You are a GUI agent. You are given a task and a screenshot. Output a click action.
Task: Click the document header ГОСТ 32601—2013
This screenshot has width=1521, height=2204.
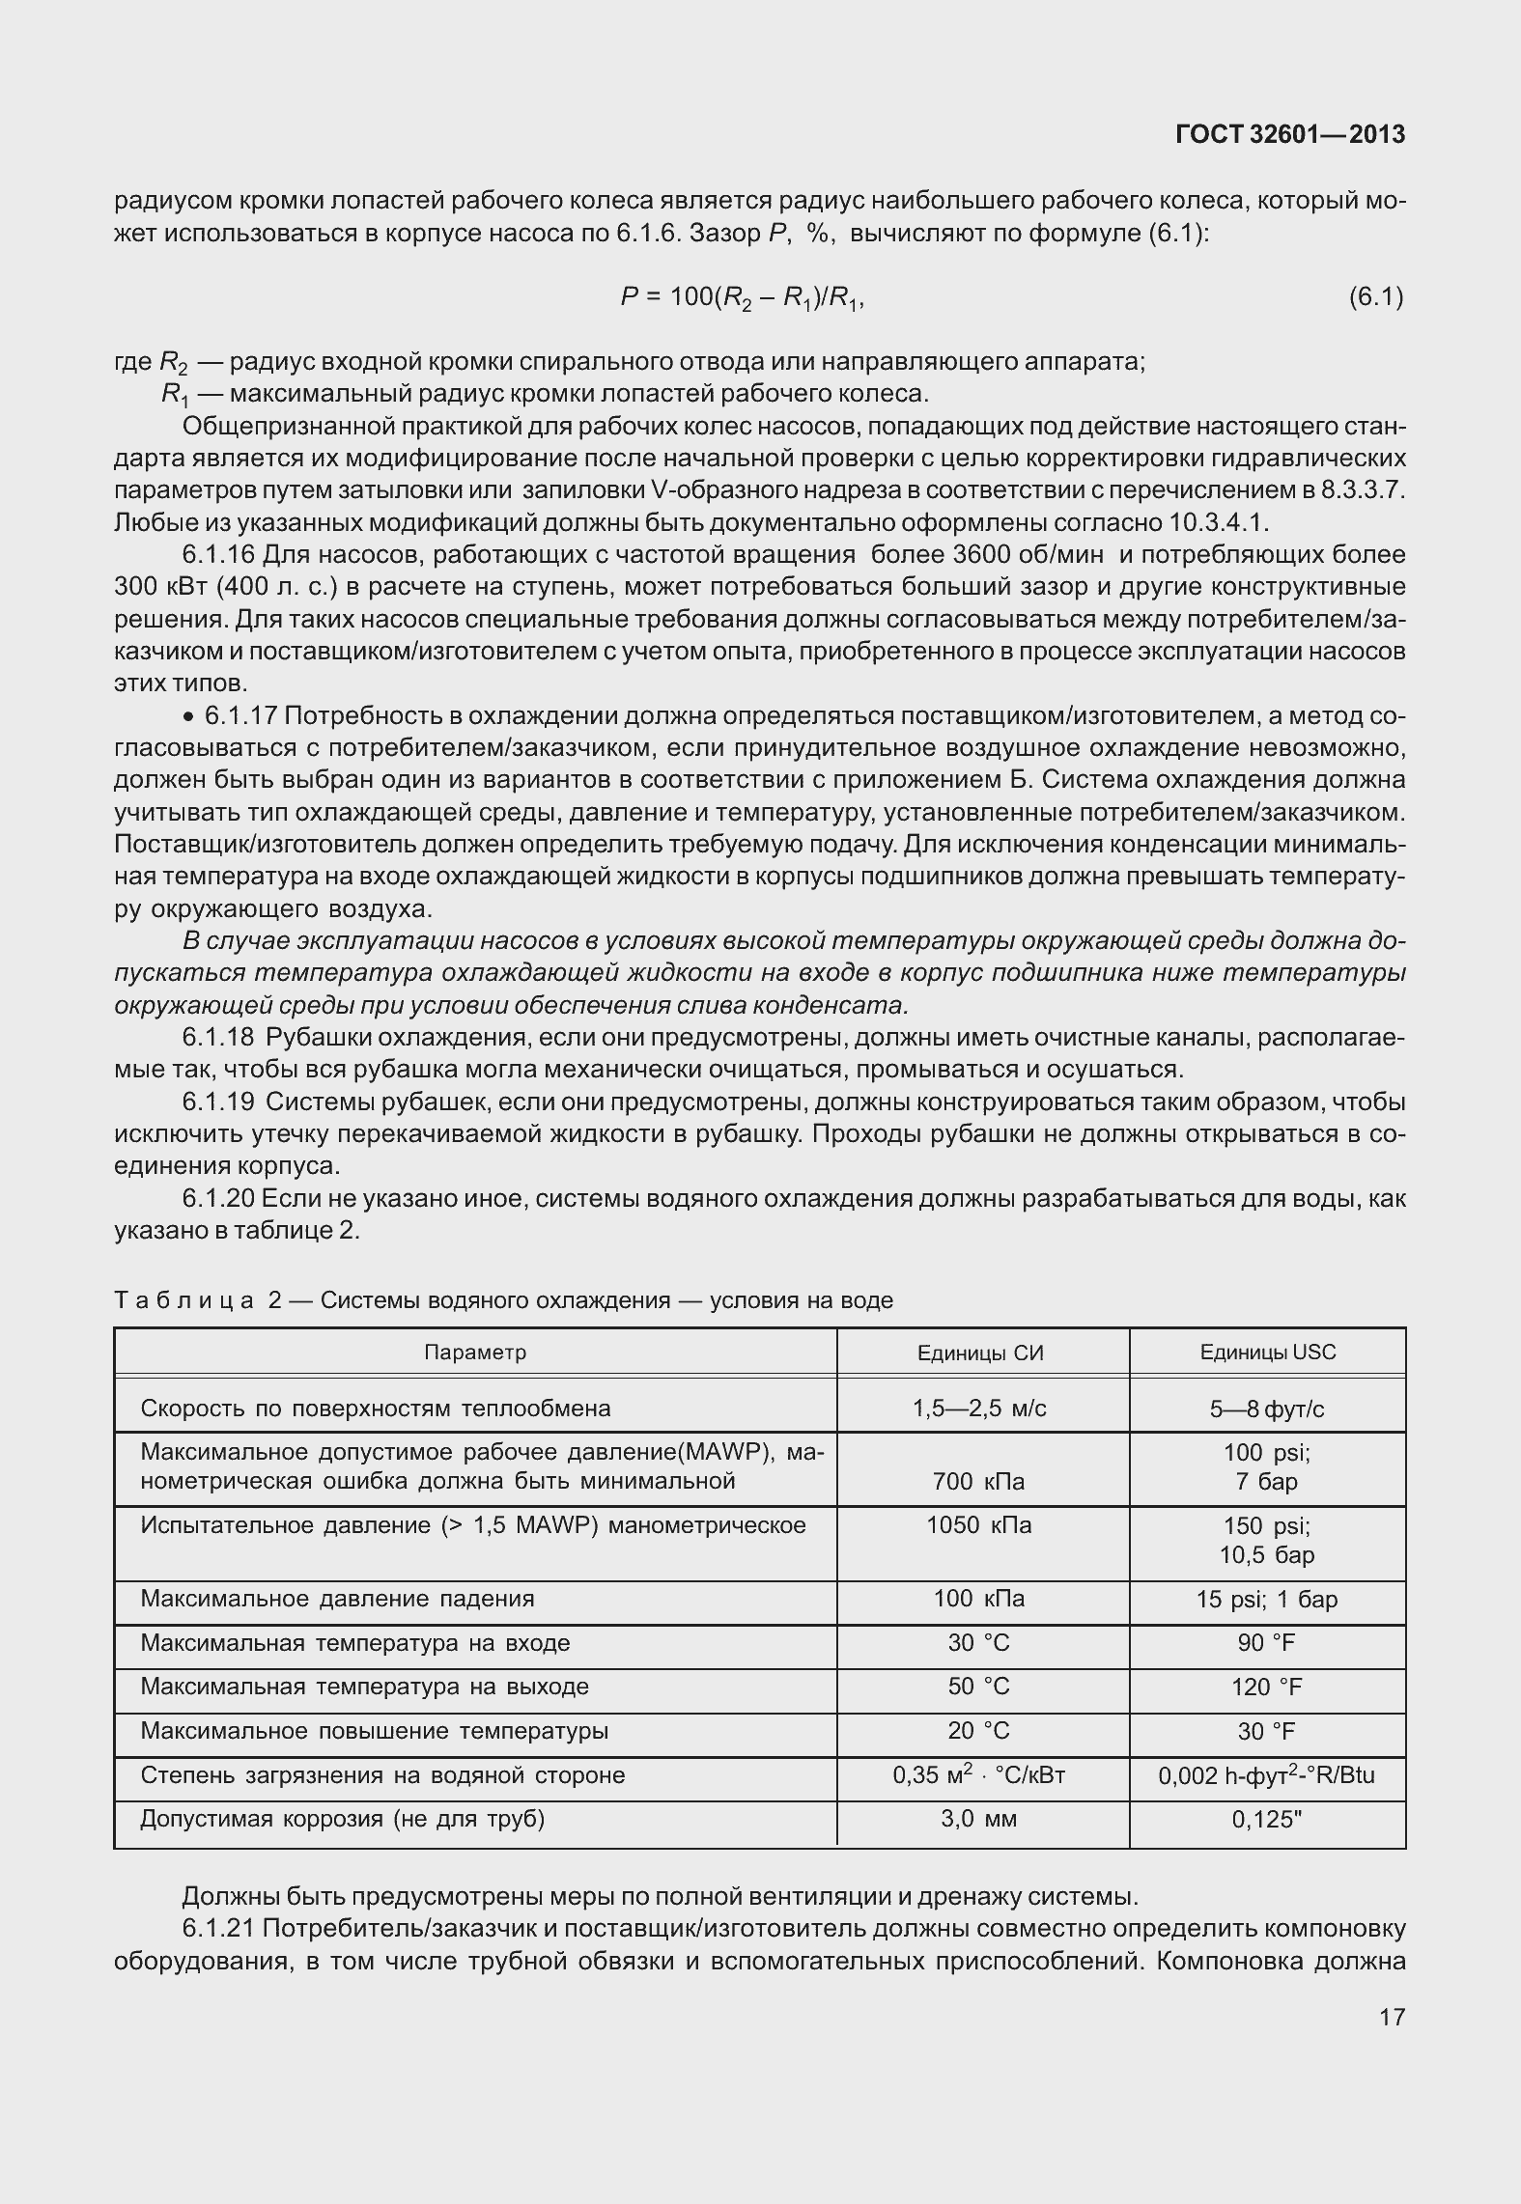1289,135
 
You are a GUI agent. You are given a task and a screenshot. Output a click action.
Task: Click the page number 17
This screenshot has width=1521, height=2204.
1392,2016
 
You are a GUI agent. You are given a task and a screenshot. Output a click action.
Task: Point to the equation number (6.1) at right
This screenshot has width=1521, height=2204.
1375,297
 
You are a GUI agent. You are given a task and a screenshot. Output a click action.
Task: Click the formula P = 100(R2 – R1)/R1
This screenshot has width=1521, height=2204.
742,298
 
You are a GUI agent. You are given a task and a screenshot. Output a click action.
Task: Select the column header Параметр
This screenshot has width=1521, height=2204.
475,1352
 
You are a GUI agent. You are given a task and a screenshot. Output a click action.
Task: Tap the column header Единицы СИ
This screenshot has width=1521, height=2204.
980,1353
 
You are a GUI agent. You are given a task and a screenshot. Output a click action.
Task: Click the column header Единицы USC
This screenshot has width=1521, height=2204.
1267,1352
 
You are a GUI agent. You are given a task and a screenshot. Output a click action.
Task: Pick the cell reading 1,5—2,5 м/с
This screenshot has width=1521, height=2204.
979,1408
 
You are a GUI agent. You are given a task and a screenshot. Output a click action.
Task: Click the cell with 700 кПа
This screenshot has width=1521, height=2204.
979,1481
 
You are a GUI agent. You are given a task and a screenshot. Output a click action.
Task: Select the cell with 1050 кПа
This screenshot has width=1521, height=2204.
978,1525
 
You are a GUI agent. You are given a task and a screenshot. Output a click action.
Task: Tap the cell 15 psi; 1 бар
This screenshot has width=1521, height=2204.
1266,1600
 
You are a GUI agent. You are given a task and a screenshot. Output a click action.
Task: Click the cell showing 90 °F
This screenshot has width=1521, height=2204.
1266,1643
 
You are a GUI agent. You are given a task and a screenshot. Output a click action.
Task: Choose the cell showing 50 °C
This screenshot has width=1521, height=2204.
978,1687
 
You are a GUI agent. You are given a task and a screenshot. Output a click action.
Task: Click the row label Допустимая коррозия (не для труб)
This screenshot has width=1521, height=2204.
343,1819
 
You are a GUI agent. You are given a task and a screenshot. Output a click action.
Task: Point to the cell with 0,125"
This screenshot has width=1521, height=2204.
1266,1820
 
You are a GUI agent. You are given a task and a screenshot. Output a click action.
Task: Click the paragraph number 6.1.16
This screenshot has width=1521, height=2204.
218,555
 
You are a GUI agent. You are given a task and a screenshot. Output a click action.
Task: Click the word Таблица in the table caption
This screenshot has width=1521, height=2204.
183,1300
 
